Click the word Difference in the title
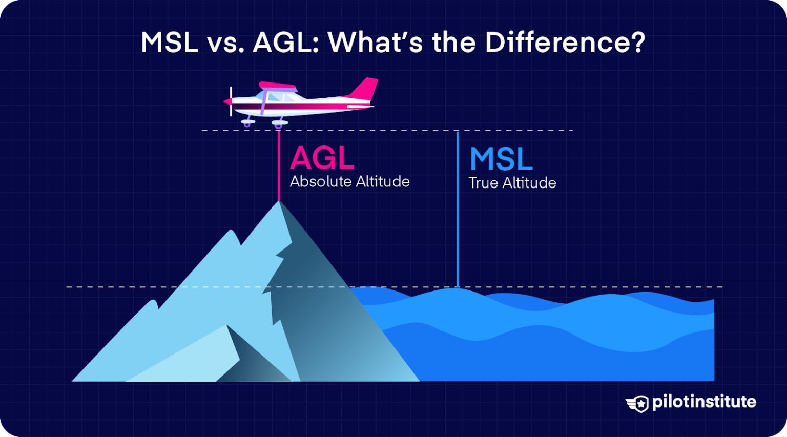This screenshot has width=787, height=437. (x=557, y=43)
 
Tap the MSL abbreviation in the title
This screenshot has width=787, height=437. (x=170, y=43)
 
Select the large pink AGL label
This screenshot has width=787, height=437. (x=322, y=158)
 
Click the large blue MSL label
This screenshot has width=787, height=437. (x=501, y=159)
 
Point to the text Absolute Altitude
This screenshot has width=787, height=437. (x=349, y=182)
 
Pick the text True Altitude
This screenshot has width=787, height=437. (x=512, y=183)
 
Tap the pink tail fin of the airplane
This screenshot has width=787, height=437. (x=365, y=88)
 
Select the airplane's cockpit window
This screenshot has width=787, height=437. (x=277, y=97)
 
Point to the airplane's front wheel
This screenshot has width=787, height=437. (x=248, y=122)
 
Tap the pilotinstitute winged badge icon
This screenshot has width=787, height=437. (x=637, y=403)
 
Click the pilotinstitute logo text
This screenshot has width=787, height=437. (x=703, y=402)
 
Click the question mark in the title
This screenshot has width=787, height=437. (x=638, y=43)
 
